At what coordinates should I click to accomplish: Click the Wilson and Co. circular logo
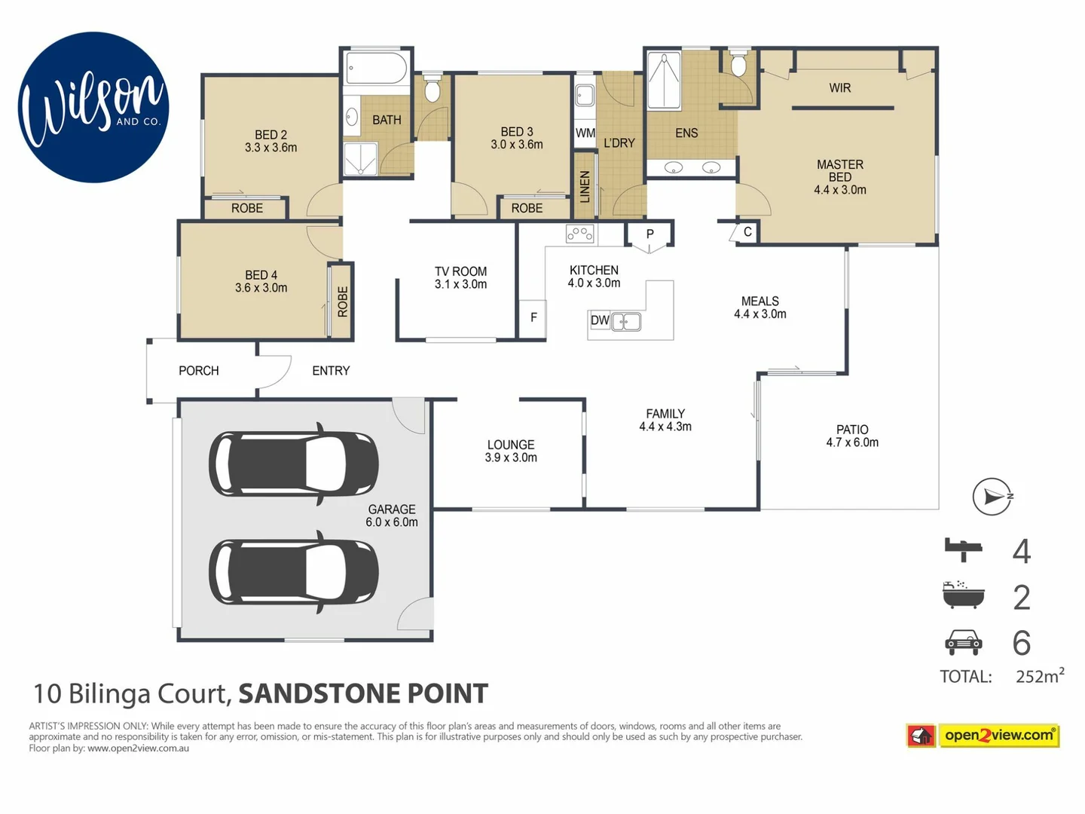[x=93, y=107]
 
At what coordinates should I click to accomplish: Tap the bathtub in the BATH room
[x=376, y=69]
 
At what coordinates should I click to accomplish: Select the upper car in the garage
[x=293, y=463]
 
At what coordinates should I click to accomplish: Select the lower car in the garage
[x=293, y=571]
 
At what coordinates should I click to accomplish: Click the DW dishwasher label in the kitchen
[x=600, y=320]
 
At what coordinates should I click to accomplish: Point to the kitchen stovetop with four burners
[x=579, y=234]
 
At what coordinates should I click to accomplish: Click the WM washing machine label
[x=585, y=133]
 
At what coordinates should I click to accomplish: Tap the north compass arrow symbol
[x=992, y=497]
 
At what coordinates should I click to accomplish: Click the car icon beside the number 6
[x=964, y=641]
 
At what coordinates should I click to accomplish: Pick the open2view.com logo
[x=983, y=735]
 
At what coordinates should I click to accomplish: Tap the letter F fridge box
[x=533, y=317]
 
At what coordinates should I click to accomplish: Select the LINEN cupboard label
[x=585, y=186]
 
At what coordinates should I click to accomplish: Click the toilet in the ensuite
[x=738, y=65]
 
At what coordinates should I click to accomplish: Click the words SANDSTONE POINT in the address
[x=363, y=693]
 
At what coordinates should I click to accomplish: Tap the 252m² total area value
[x=1039, y=676]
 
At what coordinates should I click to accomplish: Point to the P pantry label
[x=649, y=234]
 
